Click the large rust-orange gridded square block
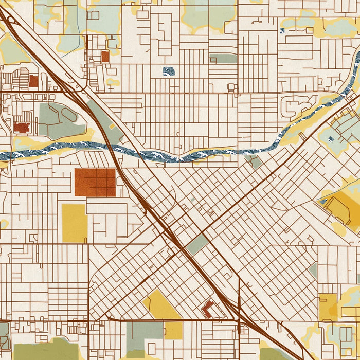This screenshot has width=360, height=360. tap(95, 182)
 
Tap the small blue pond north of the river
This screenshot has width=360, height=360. tap(168, 71)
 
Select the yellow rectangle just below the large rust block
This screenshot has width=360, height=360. tap(75, 223)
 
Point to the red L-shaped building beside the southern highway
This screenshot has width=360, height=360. tap(208, 309)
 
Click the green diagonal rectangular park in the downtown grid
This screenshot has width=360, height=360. tap(197, 244)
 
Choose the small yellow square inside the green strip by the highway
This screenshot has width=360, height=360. tap(112, 127)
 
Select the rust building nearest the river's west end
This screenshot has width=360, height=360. tap(22, 127)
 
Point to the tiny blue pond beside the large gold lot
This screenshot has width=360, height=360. tap(323, 201)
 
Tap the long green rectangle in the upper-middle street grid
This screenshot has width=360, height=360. tap(223, 58)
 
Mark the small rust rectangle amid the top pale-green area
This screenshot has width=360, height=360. tap(105, 56)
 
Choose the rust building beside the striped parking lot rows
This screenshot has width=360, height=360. tap(33, 80)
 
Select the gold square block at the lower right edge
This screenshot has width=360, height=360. tap(327, 307)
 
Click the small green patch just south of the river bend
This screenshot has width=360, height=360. tap(254, 162)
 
